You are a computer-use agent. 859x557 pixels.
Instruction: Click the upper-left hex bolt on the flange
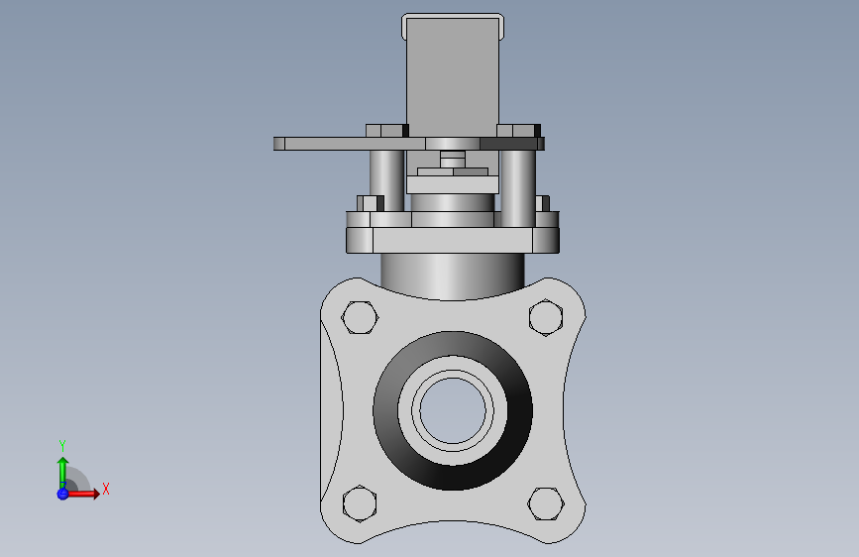[x=360, y=317]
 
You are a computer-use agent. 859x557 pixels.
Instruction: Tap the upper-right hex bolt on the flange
[x=546, y=317]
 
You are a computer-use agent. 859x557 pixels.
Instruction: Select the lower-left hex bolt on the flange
[x=360, y=503]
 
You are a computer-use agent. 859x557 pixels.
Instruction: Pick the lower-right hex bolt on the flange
[x=546, y=503]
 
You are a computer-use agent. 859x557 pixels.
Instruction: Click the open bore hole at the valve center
[x=453, y=410]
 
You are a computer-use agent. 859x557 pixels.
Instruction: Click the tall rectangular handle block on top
[x=453, y=75]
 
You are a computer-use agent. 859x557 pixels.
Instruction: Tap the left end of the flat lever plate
[x=279, y=144]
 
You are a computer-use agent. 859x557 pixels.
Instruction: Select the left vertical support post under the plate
[x=386, y=181]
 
